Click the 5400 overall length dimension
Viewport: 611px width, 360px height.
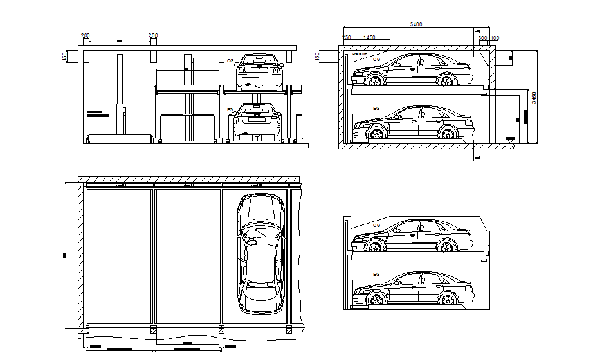click(416, 25)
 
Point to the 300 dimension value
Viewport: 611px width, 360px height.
click(482, 39)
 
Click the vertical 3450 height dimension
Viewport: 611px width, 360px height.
click(533, 98)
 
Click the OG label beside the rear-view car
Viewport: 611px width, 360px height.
click(230, 60)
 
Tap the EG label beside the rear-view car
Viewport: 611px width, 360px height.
click(230, 110)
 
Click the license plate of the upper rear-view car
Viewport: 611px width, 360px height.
click(261, 67)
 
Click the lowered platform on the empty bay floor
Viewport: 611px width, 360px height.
click(120, 138)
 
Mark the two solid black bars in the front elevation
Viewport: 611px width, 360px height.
click(98, 114)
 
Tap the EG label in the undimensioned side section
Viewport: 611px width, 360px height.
click(376, 274)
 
